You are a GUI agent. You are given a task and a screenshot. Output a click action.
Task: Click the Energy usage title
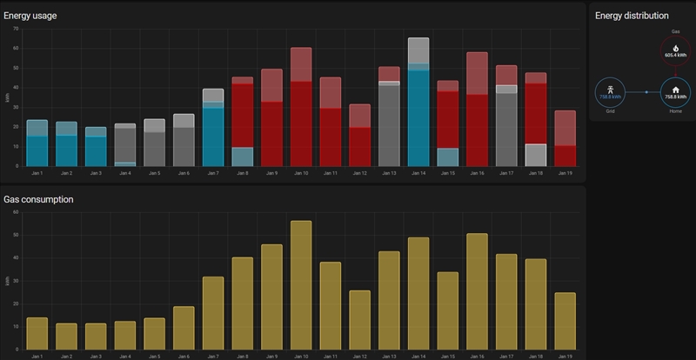click(x=31, y=16)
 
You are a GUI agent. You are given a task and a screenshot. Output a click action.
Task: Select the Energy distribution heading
click(x=632, y=16)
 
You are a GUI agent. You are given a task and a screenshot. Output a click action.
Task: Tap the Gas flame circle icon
click(x=675, y=50)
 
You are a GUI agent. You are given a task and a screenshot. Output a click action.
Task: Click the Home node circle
click(x=675, y=91)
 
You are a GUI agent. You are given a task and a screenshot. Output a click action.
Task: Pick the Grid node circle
click(x=609, y=91)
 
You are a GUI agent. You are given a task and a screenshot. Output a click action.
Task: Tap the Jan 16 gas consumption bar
click(x=477, y=290)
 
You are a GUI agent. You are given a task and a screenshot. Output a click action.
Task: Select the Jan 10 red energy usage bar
click(x=301, y=122)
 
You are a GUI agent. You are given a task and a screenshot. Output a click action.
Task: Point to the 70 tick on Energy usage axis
click(x=16, y=29)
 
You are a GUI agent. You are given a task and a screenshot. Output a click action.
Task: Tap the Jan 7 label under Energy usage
click(x=213, y=173)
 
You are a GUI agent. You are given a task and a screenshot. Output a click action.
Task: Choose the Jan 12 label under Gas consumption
click(x=359, y=357)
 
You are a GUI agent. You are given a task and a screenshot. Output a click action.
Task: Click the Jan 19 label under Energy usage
click(x=565, y=173)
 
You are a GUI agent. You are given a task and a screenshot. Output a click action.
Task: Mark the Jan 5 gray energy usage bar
click(x=155, y=146)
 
